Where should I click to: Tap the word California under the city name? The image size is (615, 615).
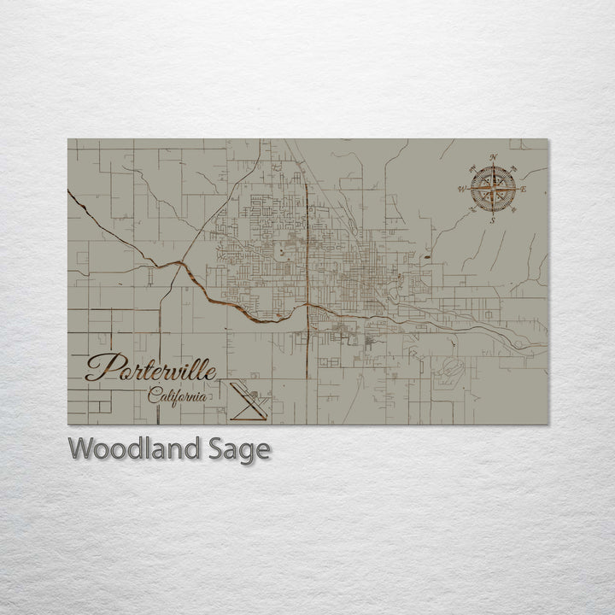tap(177, 396)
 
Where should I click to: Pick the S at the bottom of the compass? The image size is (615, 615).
tap(493, 220)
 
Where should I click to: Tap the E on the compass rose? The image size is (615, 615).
tap(524, 189)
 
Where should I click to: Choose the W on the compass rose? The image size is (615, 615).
tap(462, 189)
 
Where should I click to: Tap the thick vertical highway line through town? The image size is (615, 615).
tap(307, 256)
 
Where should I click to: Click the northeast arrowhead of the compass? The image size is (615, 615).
tap(513, 167)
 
